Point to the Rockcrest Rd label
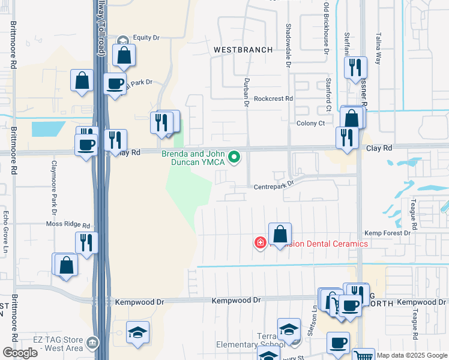coord(273,98)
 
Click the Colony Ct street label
coord(310,123)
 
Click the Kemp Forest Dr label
coord(387,233)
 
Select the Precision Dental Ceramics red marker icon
coord(261,243)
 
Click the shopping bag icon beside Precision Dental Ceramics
coord(280,233)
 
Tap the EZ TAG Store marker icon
coord(92,343)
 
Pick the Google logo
coord(20,353)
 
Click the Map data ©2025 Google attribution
coord(412,355)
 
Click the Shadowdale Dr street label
coord(289,38)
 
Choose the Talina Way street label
coord(379,48)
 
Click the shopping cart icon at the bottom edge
coord(362,355)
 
